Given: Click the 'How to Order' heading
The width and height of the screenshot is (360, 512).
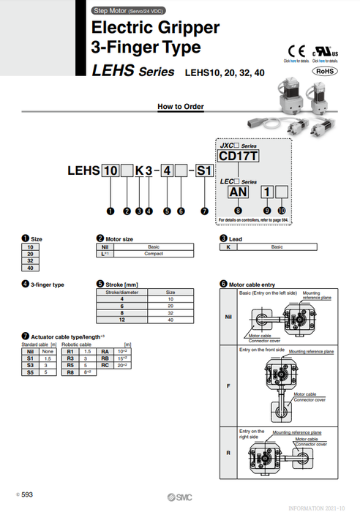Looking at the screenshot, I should tap(181, 107).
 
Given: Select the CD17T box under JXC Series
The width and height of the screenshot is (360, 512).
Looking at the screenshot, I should tap(239, 156).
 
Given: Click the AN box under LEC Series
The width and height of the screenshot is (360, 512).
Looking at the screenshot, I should tap(239, 192).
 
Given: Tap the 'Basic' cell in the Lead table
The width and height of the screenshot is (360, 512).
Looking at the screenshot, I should tap(277, 247).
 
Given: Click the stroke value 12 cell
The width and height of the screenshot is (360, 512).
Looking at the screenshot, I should tap(122, 320).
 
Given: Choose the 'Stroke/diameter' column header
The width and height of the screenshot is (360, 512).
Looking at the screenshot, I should tap(122, 292).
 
